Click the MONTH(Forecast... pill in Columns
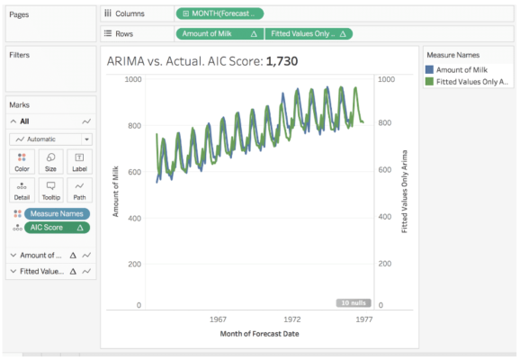tap(220, 13)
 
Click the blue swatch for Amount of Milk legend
tap(429, 69)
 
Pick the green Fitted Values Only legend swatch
tap(429, 82)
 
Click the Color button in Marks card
tap(22, 161)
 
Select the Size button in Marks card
tap(50, 161)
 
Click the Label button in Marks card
tap(79, 161)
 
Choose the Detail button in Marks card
tap(22, 191)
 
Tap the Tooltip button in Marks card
tap(50, 191)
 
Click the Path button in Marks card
tap(79, 191)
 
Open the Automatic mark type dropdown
tap(50, 139)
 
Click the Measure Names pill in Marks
tap(57, 213)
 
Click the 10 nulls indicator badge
tap(353, 303)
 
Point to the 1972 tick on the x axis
tap(292, 319)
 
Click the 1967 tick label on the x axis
tap(218, 319)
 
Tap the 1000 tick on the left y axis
tap(133, 79)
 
